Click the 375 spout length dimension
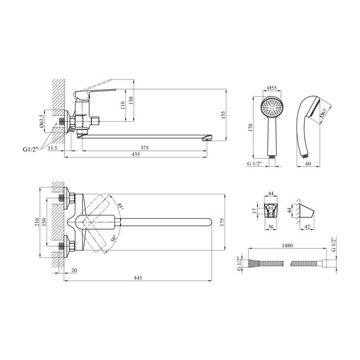coord(145,148)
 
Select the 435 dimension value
coord(135,154)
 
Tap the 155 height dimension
coord(223,115)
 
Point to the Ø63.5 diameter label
coord(41,121)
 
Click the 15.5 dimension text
coord(53,148)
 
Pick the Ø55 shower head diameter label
coord(272,87)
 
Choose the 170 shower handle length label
coord(250,127)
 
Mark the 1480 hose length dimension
coord(287,246)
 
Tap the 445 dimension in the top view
coord(138,278)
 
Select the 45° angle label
coord(121,206)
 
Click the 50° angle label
coord(114,238)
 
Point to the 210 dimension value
coord(37,222)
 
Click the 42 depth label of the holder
coord(307,227)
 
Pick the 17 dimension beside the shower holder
coord(254,210)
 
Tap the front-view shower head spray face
coord(272,107)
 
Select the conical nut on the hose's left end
coord(254,263)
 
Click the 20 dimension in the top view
coord(74,270)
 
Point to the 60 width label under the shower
coord(309,163)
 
